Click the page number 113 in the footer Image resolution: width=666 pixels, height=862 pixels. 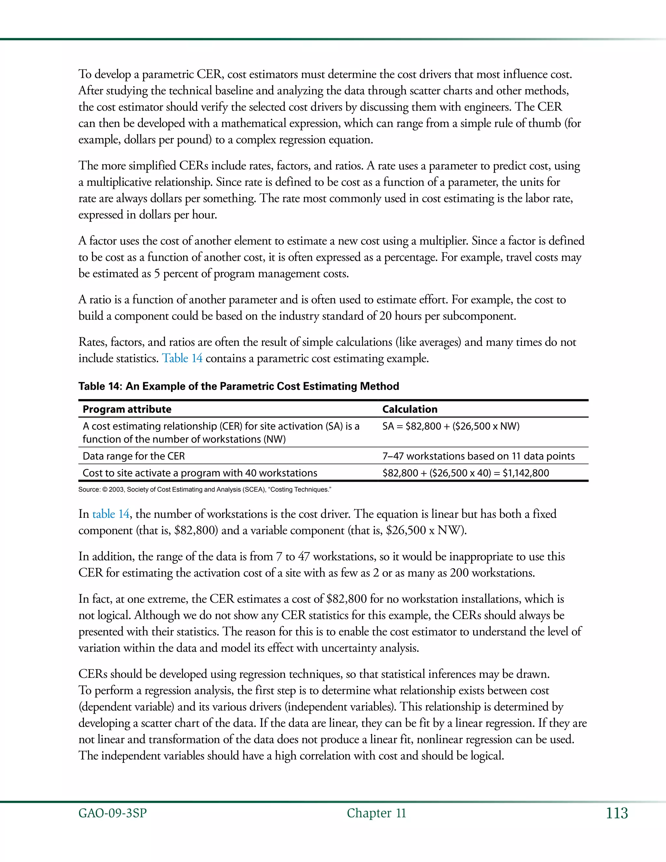tap(617, 813)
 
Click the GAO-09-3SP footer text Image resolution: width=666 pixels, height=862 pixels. tap(113, 813)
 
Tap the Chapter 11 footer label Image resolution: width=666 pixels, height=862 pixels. tap(376, 813)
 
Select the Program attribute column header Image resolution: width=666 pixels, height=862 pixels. tap(127, 409)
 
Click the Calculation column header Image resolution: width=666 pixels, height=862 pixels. tap(409, 409)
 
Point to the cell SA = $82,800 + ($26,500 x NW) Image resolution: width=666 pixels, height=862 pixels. tap(451, 426)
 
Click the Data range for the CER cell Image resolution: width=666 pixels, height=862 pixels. tap(134, 456)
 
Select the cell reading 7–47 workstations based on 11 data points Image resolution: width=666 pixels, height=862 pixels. tap(478, 456)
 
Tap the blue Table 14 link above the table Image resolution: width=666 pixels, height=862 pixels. tap(182, 358)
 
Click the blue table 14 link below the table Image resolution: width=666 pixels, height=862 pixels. tap(111, 514)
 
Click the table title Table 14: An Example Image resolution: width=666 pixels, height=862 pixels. tap(238, 386)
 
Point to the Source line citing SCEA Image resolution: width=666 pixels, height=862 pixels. tap(204, 490)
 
